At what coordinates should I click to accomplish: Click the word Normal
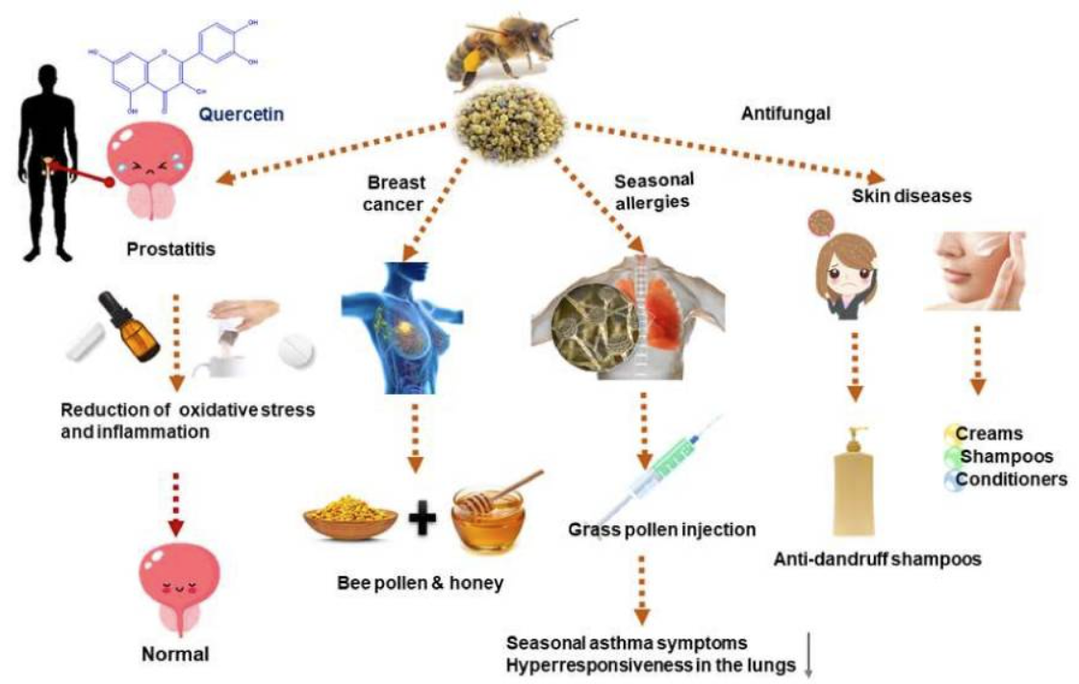(x=175, y=655)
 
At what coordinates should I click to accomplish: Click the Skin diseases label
(x=912, y=196)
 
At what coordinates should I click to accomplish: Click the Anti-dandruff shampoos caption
(x=878, y=558)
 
